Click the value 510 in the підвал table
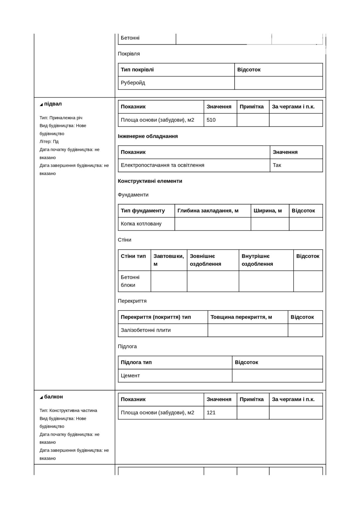tap(211, 120)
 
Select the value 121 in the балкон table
tap(211, 412)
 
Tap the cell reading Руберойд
tap(133, 83)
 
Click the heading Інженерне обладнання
tap(148, 136)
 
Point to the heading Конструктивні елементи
tap(150, 181)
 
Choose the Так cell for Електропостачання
tap(277, 165)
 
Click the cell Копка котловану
tap(141, 224)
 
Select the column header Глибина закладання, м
tap(208, 211)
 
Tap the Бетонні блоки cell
tap(130, 281)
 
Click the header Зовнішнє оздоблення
tap(205, 260)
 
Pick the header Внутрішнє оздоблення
tap(257, 260)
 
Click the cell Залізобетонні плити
tap(146, 330)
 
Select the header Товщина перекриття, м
tap(241, 317)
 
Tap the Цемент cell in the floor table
tap(130, 375)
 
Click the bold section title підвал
tap(53, 104)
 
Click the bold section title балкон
tap(53, 397)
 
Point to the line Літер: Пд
tap(49, 142)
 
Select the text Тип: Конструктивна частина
tap(68, 410)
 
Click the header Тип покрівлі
tap(137, 70)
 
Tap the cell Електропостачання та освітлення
tap(162, 165)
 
